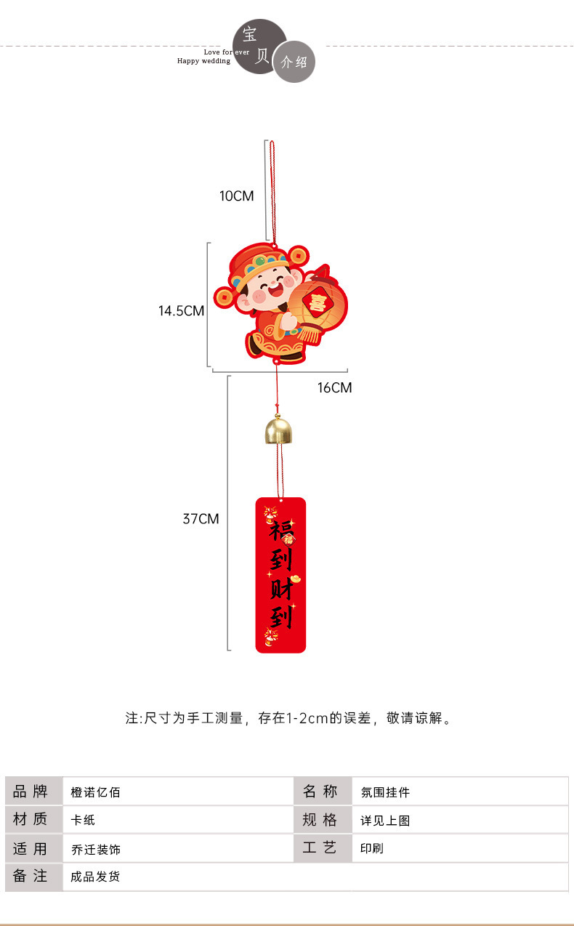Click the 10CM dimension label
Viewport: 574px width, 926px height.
pyautogui.click(x=237, y=196)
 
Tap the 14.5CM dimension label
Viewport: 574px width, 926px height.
pyautogui.click(x=182, y=311)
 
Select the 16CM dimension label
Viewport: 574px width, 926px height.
pyautogui.click(x=334, y=387)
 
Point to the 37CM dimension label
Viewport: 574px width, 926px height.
pyautogui.click(x=201, y=519)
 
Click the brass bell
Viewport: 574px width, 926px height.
pyautogui.click(x=278, y=430)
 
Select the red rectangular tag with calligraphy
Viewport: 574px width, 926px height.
pyautogui.click(x=280, y=574)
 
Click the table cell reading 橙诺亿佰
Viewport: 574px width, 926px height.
pyautogui.click(x=96, y=792)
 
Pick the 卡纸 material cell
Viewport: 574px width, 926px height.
pyautogui.click(x=84, y=820)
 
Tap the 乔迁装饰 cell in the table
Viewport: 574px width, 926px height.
pyautogui.click(x=96, y=849)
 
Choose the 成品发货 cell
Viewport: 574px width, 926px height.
pyautogui.click(x=96, y=877)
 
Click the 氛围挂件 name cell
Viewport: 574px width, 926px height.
pyautogui.click(x=386, y=792)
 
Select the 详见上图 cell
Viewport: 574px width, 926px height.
pyautogui.click(x=386, y=820)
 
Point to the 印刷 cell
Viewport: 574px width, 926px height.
pyautogui.click(x=372, y=848)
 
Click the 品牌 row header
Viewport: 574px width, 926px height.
pyautogui.click(x=31, y=791)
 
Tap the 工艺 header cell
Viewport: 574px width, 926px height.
pyautogui.click(x=320, y=848)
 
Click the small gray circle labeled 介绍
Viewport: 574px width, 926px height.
pyautogui.click(x=294, y=62)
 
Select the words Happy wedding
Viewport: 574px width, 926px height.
pyautogui.click(x=203, y=61)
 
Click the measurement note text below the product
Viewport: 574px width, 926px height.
pyautogui.click(x=289, y=718)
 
